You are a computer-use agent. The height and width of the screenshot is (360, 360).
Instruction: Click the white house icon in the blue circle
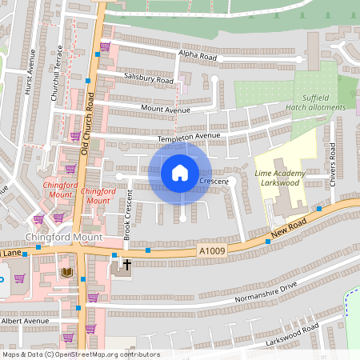[x=180, y=172]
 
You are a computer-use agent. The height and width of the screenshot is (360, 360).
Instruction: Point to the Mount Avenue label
[x=166, y=109]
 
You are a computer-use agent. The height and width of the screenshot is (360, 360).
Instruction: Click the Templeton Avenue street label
[x=188, y=138]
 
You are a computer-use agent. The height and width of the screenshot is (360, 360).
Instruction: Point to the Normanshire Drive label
[x=266, y=293]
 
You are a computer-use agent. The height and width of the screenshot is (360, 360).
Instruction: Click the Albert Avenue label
[x=25, y=320]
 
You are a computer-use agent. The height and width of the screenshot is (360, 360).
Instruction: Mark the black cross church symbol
[x=126, y=264]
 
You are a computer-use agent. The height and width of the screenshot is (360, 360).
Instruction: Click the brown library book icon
[x=67, y=273]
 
